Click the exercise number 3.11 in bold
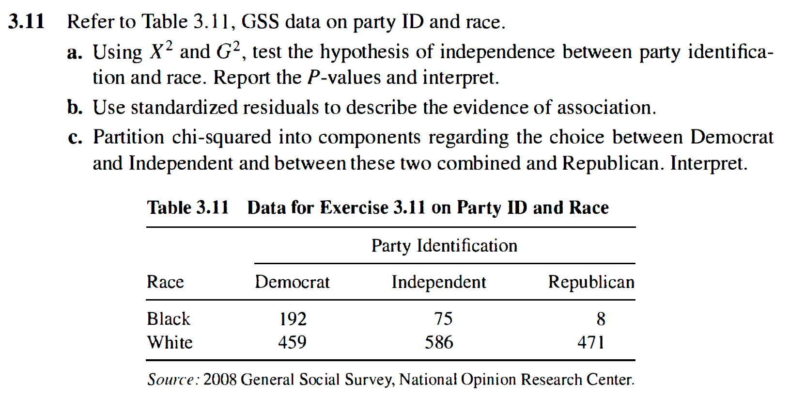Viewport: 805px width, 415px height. pyautogui.click(x=27, y=22)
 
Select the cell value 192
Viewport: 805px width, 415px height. pyautogui.click(x=293, y=319)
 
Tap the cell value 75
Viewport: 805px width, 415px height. pyautogui.click(x=443, y=319)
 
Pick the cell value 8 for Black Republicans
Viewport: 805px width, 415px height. pyautogui.click(x=601, y=319)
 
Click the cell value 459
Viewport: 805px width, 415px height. pyautogui.click(x=292, y=343)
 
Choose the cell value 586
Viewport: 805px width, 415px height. pyautogui.click(x=439, y=343)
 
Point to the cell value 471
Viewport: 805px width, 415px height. pyautogui.click(x=591, y=343)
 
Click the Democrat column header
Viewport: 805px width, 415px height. pyautogui.click(x=292, y=282)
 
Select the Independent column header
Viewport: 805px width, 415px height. pyautogui.click(x=438, y=282)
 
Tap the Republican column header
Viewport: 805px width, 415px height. pyautogui.click(x=591, y=282)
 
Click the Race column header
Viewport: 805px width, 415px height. pyautogui.click(x=165, y=282)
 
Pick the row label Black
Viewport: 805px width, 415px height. pyautogui.click(x=169, y=319)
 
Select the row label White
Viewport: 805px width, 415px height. pyautogui.click(x=170, y=343)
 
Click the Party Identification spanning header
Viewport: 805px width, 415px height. pyautogui.click(x=444, y=246)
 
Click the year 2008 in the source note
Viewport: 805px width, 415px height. pyautogui.click(x=220, y=379)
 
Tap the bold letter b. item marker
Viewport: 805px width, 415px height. pyautogui.click(x=75, y=108)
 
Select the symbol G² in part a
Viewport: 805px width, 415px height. pyautogui.click(x=228, y=51)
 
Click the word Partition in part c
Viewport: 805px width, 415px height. pyautogui.click(x=128, y=137)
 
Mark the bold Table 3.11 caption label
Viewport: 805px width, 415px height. pyautogui.click(x=188, y=207)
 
